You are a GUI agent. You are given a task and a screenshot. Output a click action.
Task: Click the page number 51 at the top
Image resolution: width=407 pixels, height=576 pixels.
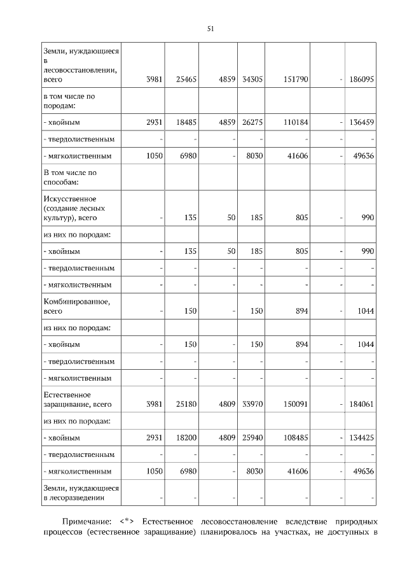tap(210, 29)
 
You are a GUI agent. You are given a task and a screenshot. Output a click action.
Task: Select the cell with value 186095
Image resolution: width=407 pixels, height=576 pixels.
tap(360, 80)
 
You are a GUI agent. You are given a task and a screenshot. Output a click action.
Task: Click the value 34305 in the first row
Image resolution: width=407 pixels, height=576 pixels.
tap(252, 80)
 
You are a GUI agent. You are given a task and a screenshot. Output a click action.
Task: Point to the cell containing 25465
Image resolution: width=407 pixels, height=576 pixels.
tap(184, 80)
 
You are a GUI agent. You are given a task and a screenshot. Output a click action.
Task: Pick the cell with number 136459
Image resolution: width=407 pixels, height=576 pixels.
tap(360, 122)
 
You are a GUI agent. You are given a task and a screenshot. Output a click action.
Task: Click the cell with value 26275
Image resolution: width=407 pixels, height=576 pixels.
tap(252, 122)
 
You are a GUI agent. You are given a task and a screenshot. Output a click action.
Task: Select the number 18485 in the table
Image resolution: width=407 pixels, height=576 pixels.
tap(184, 122)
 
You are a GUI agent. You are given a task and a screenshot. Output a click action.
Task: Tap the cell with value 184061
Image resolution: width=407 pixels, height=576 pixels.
tap(360, 404)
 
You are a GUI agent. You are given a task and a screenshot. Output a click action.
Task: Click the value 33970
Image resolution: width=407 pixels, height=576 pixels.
tap(252, 404)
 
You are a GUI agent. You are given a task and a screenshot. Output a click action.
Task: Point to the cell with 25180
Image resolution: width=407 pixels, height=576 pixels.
tap(184, 404)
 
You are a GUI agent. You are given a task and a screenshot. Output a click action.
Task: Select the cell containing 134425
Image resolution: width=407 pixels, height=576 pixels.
tap(360, 439)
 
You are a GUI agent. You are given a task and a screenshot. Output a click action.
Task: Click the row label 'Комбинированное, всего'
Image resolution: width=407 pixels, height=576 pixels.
tap(77, 306)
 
